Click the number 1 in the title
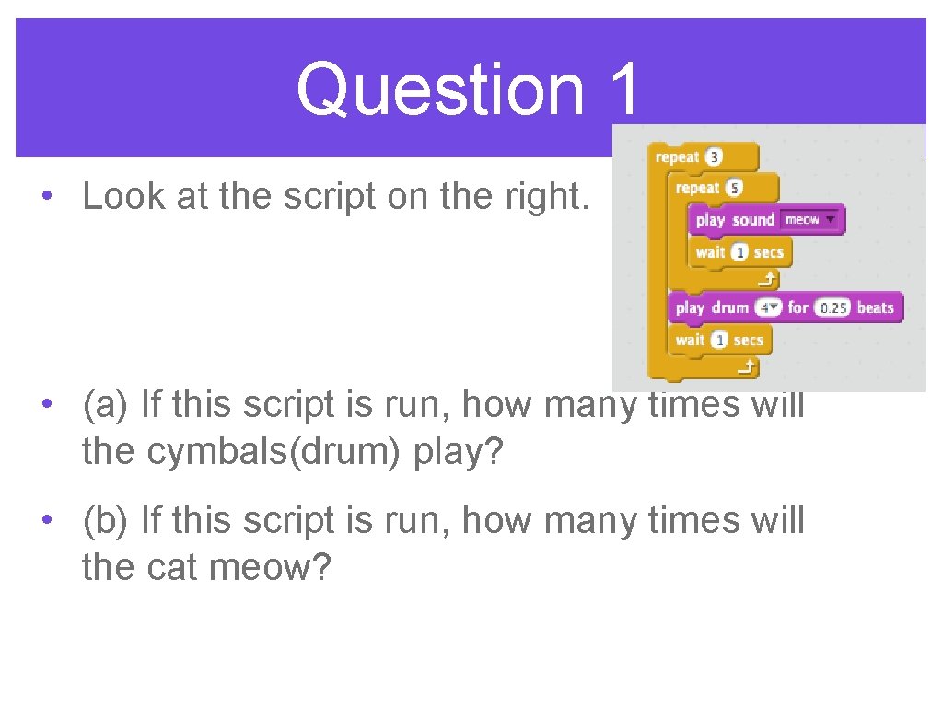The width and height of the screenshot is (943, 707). tap(623, 89)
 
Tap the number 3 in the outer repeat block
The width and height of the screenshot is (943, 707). tap(714, 157)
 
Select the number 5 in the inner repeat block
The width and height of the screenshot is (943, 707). tap(734, 188)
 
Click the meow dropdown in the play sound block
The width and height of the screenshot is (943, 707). tap(810, 220)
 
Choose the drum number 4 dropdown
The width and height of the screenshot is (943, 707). tap(767, 307)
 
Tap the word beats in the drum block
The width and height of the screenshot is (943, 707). tap(875, 307)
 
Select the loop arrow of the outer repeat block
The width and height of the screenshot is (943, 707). tap(747, 368)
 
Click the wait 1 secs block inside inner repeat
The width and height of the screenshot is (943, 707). tap(739, 252)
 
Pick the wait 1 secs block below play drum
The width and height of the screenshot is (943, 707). tap(719, 340)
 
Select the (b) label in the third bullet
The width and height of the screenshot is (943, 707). tap(106, 520)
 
